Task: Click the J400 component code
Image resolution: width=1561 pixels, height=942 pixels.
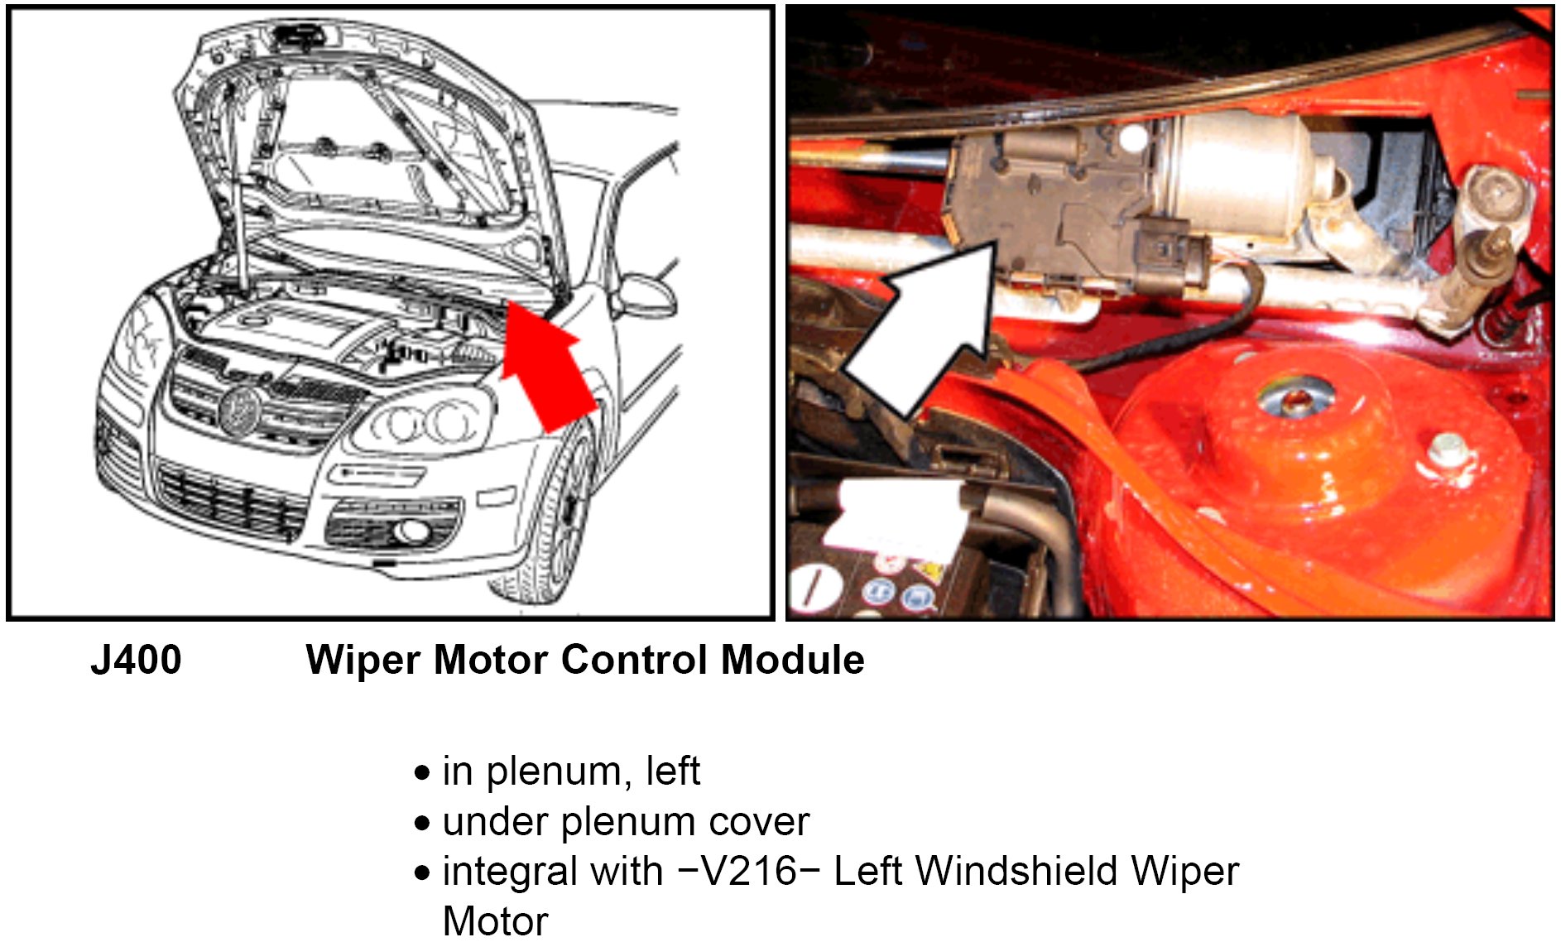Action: pyautogui.click(x=136, y=661)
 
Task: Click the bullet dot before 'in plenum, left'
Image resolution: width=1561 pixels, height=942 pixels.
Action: pyautogui.click(x=423, y=773)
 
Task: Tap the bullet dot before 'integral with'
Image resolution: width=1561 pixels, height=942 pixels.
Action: pyautogui.click(x=423, y=872)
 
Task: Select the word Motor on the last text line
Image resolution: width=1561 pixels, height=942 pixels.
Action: pyautogui.click(x=496, y=921)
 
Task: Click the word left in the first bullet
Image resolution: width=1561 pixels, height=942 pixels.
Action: pyautogui.click(x=673, y=771)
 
